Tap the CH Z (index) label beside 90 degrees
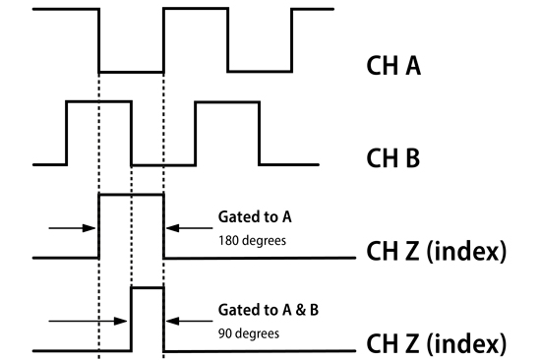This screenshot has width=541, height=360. click(437, 344)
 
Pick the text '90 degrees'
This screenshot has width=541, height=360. click(247, 332)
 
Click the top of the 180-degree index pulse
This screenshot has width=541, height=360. click(131, 196)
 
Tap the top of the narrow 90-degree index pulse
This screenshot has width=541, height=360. click(147, 287)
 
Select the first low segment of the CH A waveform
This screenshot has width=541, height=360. click(131, 72)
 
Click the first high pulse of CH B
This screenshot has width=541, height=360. click(97, 101)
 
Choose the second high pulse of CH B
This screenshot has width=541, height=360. click(227, 102)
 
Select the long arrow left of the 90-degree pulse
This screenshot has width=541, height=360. click(87, 320)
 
